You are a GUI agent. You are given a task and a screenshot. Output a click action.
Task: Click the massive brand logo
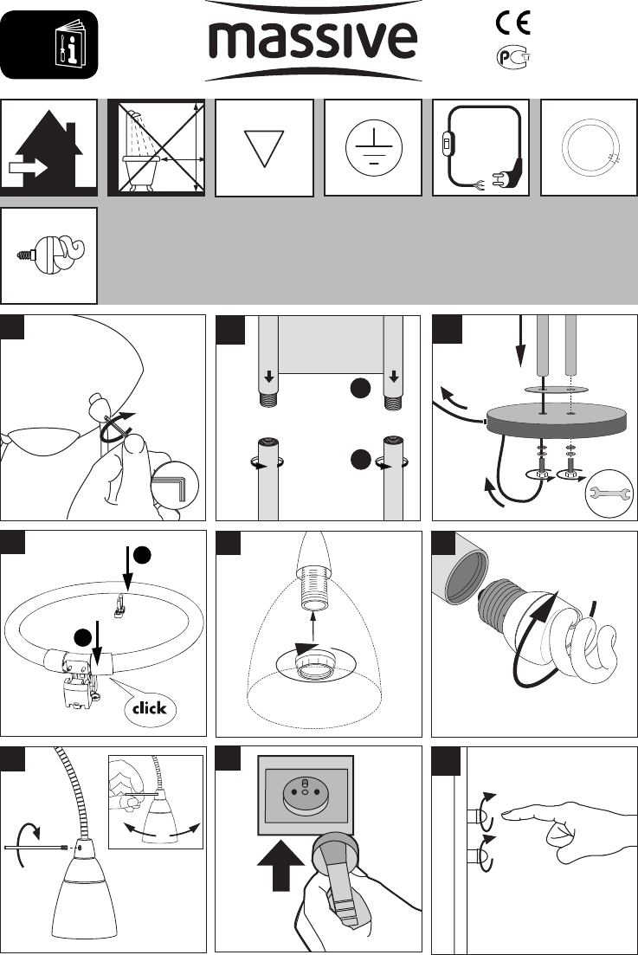[x=313, y=41]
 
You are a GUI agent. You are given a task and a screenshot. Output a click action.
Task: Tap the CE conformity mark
[x=512, y=23]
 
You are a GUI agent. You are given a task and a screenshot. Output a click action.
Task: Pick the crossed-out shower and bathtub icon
[x=157, y=148]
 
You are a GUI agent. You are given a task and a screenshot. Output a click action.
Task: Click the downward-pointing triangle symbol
[x=264, y=149]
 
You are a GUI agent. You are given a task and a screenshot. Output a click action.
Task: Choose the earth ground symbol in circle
[x=372, y=148]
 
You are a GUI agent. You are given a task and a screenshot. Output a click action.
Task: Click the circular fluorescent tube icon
[x=589, y=148]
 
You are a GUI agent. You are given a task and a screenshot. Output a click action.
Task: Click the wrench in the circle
[x=609, y=494]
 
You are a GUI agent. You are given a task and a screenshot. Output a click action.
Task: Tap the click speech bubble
[x=149, y=707]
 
